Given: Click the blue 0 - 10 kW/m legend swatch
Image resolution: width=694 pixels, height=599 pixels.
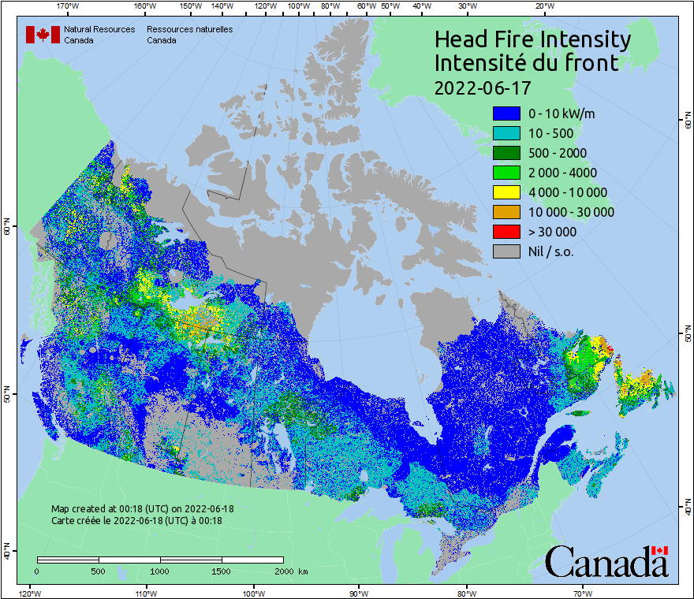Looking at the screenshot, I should [x=506, y=113].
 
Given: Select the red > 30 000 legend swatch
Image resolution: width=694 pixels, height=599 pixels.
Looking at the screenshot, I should [x=506, y=232].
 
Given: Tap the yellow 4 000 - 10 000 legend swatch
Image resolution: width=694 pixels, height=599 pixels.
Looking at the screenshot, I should [x=506, y=192].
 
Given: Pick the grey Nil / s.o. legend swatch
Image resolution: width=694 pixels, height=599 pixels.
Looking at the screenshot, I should [x=506, y=251].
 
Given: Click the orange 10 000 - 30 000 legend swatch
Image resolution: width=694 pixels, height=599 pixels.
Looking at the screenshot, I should [x=506, y=212].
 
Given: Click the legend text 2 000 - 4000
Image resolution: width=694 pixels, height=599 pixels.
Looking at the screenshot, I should [x=562, y=173].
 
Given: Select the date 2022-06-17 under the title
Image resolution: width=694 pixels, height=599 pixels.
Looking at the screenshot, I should [x=482, y=86].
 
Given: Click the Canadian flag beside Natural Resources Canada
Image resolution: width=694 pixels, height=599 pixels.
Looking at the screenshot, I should [x=43, y=35].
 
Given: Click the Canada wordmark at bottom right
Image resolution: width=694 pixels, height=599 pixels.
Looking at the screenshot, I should [x=606, y=561].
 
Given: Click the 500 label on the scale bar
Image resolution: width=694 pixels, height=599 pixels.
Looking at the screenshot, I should [x=98, y=571].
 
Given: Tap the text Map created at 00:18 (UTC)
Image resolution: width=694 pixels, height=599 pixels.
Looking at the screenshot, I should [x=142, y=509].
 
